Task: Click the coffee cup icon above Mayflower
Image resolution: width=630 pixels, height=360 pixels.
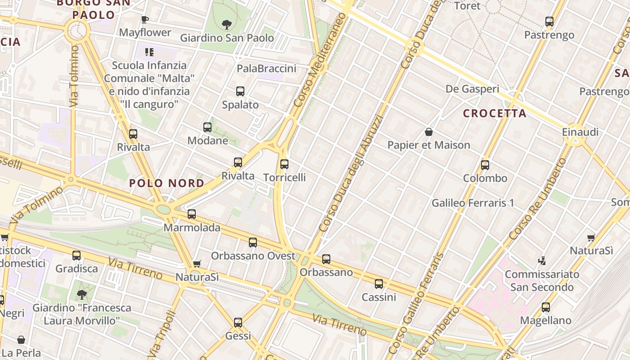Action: tap(144, 19)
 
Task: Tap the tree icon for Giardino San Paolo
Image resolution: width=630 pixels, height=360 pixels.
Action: tap(227, 24)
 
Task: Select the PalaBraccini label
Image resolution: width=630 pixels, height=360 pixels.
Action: tap(266, 68)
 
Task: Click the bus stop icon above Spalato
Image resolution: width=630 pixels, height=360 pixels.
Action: tap(240, 91)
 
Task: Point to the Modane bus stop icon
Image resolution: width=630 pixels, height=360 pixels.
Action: tap(207, 127)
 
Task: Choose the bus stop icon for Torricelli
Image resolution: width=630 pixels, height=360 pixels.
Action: tap(284, 164)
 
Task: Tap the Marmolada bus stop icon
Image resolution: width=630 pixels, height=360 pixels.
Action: tap(192, 214)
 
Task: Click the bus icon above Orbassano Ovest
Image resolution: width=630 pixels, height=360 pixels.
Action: tap(253, 243)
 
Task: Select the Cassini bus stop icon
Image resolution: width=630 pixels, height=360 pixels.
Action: tap(379, 284)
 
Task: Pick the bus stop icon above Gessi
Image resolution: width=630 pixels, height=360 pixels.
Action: tap(238, 323)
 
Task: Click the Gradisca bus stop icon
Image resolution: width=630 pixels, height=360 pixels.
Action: tap(76, 256)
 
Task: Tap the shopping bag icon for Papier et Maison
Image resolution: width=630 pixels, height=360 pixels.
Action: tap(429, 132)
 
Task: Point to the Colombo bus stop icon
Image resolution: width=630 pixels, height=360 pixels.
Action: tap(485, 165)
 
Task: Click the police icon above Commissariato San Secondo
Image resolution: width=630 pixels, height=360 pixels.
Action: tap(542, 261)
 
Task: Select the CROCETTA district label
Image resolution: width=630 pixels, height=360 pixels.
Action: tap(495, 113)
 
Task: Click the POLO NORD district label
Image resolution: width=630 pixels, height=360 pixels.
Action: tap(166, 183)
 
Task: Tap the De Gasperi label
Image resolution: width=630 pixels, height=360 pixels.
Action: tap(472, 89)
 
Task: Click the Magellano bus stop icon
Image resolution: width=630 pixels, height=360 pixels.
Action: tap(546, 307)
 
